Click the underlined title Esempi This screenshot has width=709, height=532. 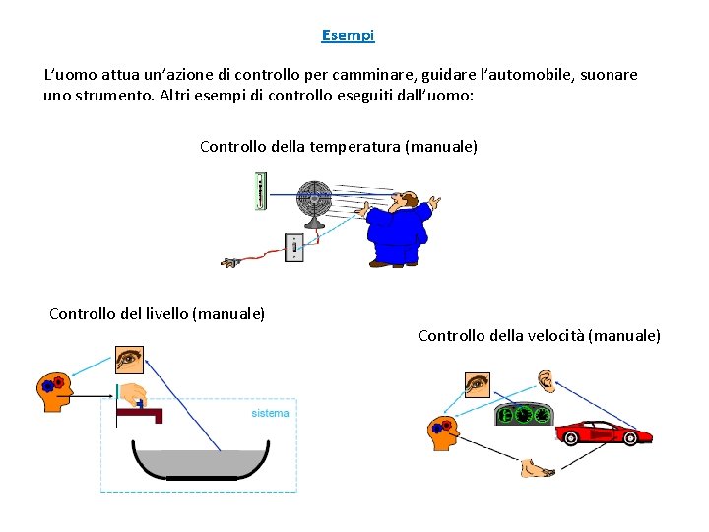tap(348, 35)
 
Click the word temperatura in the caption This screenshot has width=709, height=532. tap(355, 147)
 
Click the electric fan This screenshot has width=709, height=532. tap(314, 203)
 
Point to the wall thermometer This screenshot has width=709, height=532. tap(259, 190)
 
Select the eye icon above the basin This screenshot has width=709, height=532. tap(129, 360)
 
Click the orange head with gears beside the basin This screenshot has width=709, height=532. tap(53, 391)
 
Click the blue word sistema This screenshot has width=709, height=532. tap(270, 413)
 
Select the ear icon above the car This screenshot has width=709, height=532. tap(546, 380)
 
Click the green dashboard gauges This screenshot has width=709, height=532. tap(524, 416)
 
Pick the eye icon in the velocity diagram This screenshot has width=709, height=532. tap(477, 382)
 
